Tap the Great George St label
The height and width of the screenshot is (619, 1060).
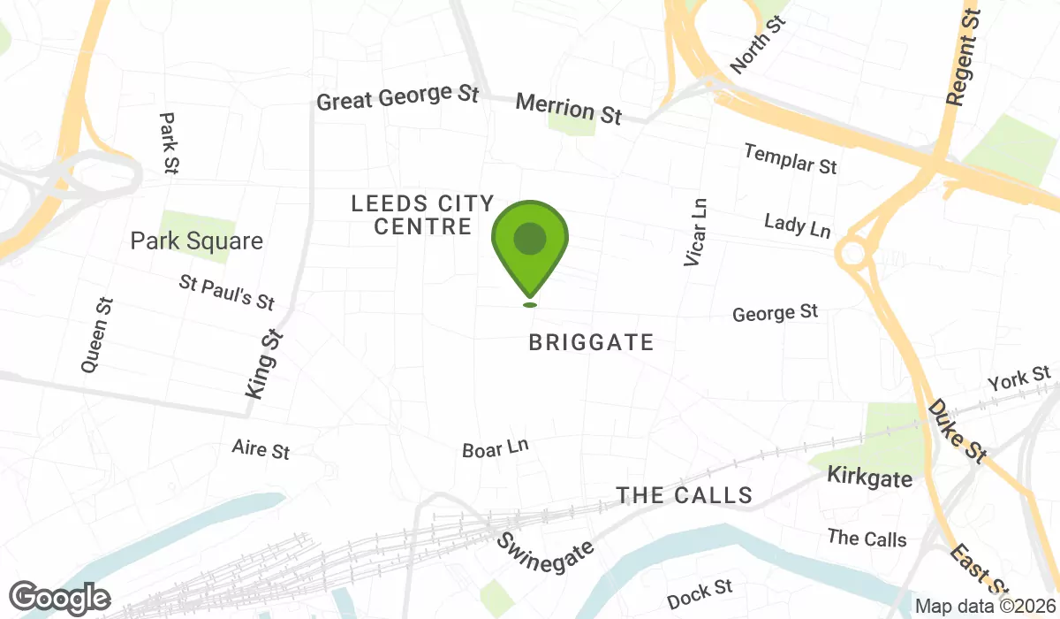[x=397, y=96]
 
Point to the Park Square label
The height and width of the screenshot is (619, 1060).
[x=196, y=241]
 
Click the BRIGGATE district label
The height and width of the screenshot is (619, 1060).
[x=591, y=342]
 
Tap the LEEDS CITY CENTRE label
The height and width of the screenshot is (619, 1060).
[x=422, y=215]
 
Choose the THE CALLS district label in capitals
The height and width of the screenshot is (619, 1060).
[x=685, y=495]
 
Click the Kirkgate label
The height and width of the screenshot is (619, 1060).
[x=869, y=478]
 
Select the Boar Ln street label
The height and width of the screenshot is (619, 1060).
[x=495, y=448]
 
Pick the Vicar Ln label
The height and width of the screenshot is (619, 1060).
[x=696, y=232]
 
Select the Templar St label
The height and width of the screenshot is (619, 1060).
[x=790, y=158]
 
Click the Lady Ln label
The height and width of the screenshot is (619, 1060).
[x=798, y=225]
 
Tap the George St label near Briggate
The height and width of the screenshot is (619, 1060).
[x=775, y=312]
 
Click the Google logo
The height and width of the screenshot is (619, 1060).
[x=60, y=600]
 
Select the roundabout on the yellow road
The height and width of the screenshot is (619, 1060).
[x=853, y=254]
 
